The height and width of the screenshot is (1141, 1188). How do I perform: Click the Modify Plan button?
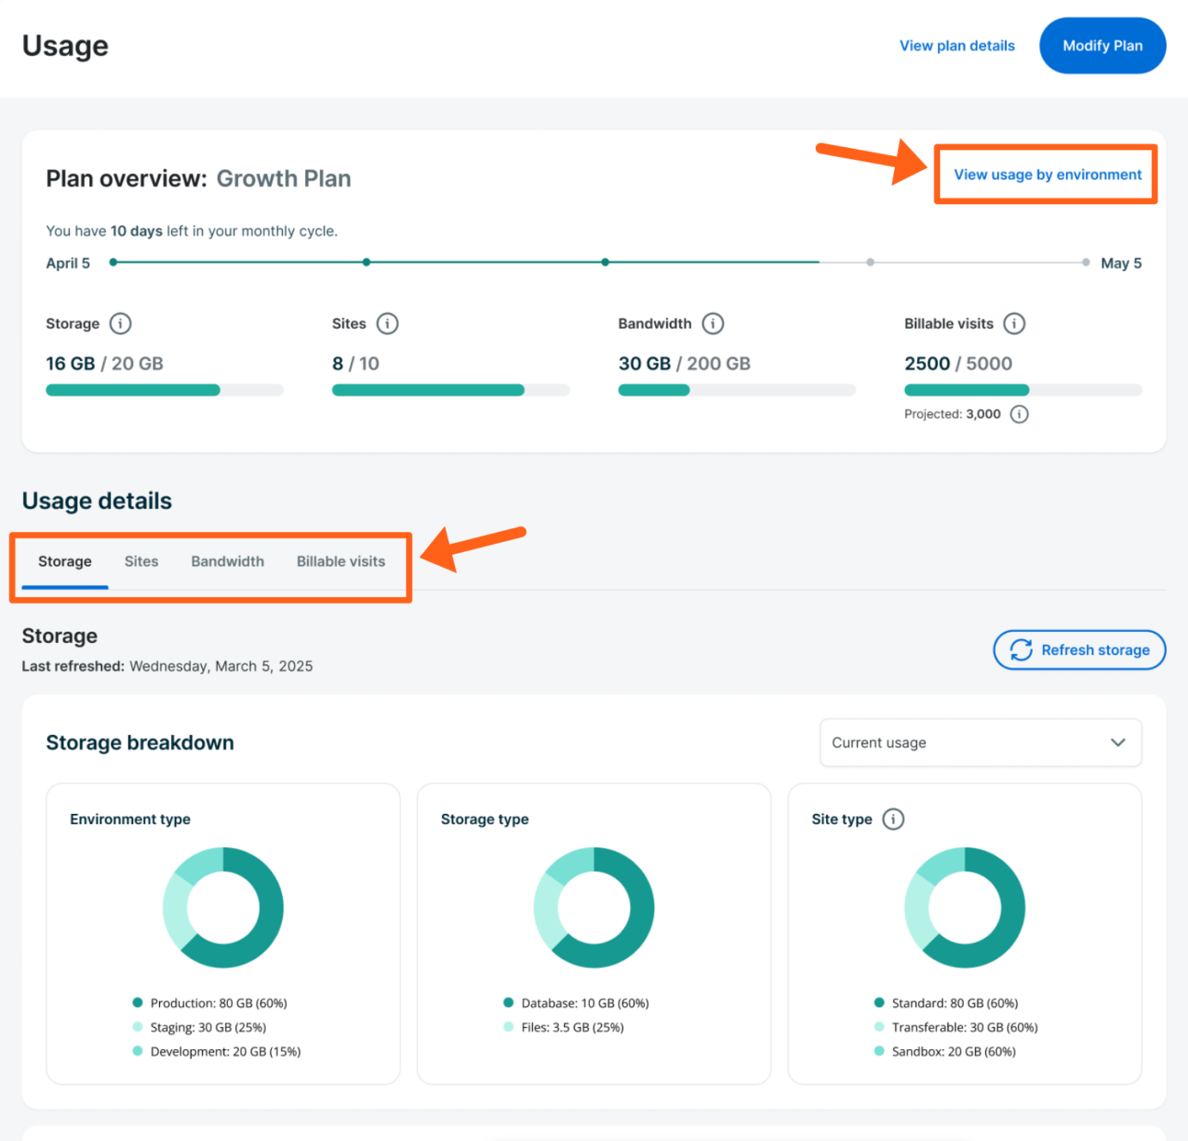coord(1102,46)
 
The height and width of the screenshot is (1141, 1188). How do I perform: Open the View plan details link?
coord(957,46)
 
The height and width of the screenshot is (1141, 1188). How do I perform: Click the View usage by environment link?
coord(1047,175)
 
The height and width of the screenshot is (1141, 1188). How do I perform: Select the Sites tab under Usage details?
coord(141,561)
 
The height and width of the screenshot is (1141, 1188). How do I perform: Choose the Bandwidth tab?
coord(227,561)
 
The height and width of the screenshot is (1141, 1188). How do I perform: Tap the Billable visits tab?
coord(341,561)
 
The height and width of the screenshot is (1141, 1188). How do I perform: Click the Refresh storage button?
coord(1079,650)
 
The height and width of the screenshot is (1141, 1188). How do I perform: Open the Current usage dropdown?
coord(980,743)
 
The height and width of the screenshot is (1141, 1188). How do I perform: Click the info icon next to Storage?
coord(120,324)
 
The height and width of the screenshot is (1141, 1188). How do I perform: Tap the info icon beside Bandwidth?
coord(713,324)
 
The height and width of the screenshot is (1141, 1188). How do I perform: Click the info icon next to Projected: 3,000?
coord(1019,414)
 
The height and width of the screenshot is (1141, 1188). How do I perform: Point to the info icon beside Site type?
coord(893,820)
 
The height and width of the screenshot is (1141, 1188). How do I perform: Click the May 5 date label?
coord(1121,264)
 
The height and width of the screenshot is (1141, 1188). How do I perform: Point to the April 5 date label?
coord(68,264)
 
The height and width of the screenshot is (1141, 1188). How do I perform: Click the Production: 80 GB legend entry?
coord(218,1003)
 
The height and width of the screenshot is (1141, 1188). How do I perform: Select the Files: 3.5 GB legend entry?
coord(572,1028)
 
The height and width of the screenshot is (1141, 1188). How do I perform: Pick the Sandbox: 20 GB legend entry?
coord(953,1052)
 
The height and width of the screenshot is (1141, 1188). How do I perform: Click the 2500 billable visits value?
coord(927,363)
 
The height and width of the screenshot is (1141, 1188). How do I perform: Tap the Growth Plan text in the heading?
coord(284,179)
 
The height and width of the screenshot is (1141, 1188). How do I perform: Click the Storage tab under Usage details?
coord(65,561)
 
